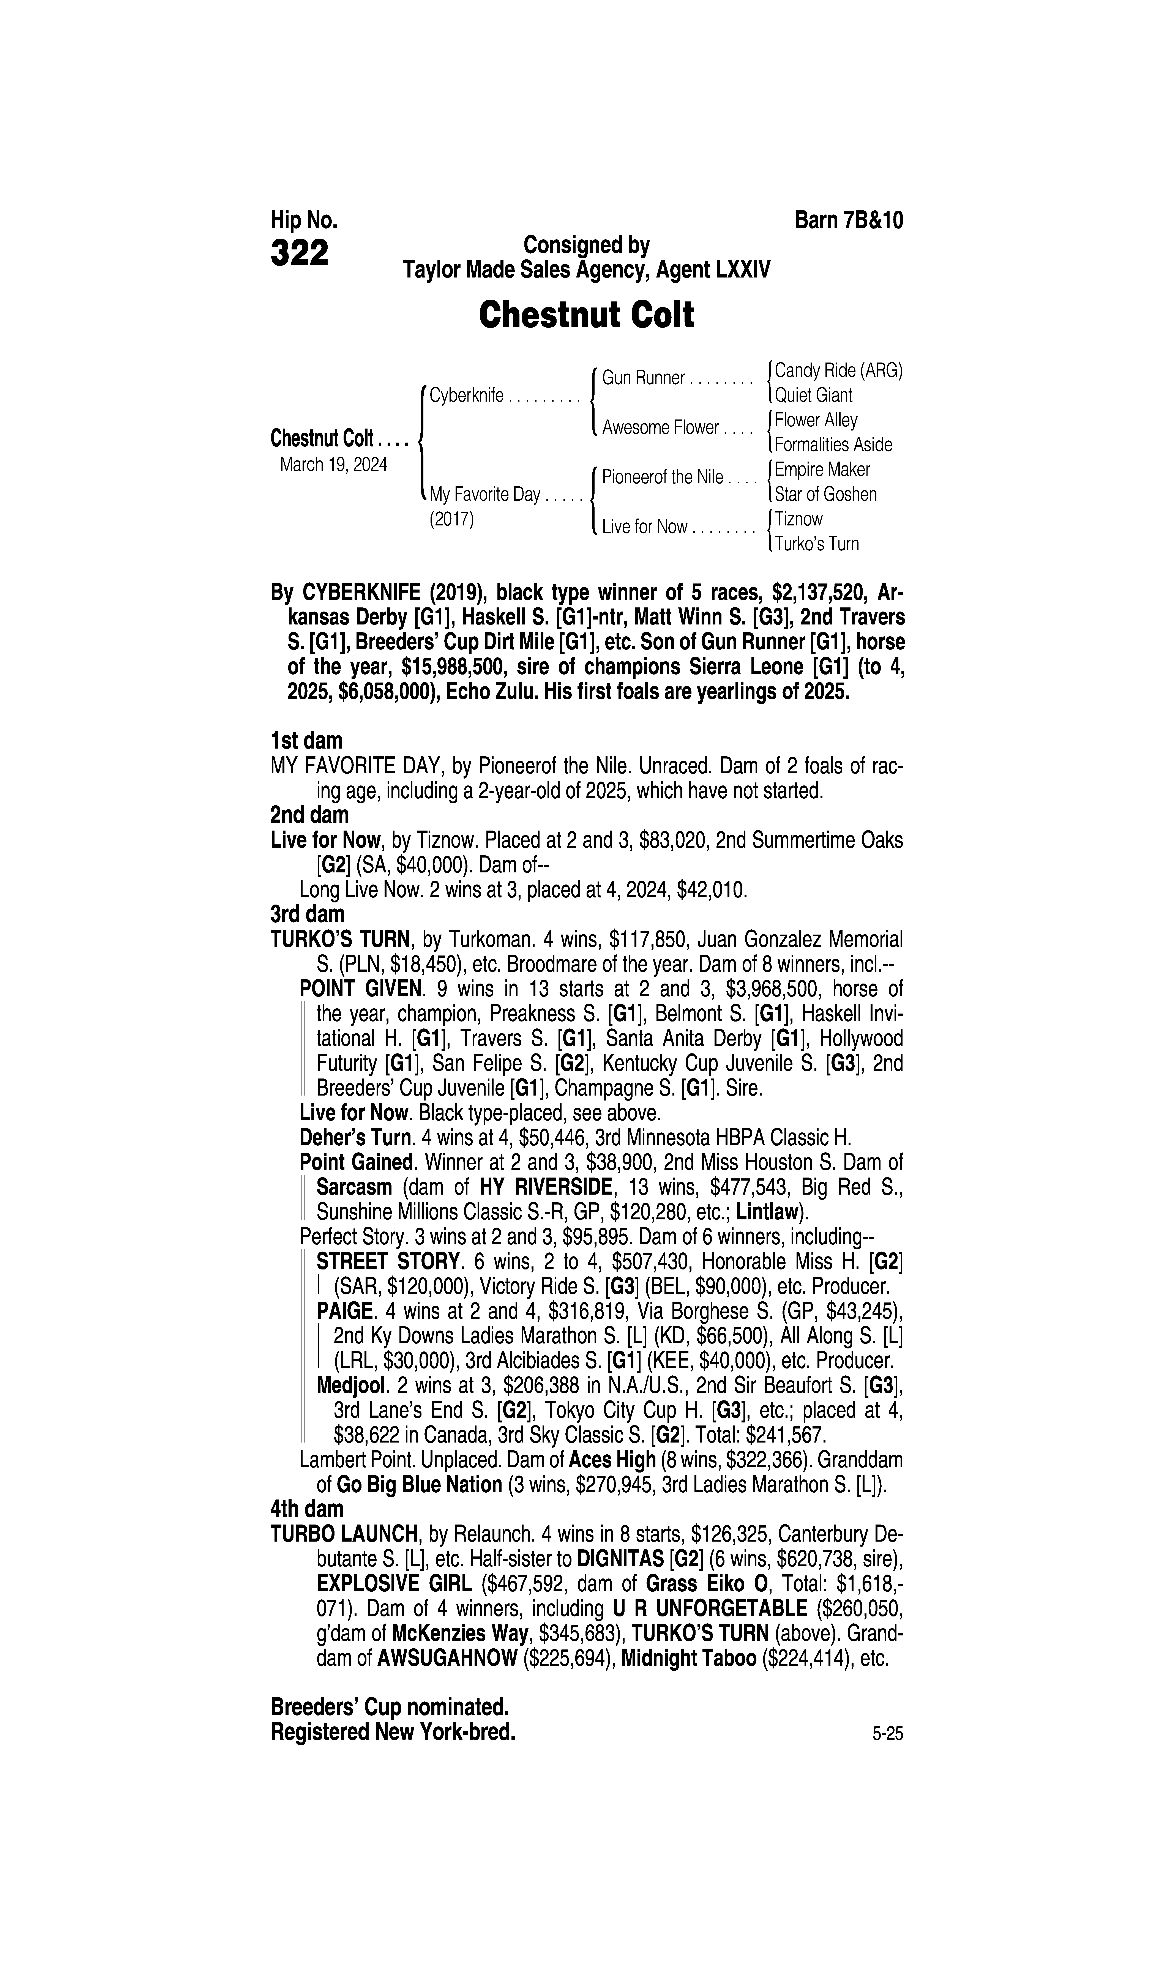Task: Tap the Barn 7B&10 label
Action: (848, 220)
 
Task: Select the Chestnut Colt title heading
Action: (586, 315)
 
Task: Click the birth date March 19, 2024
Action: (333, 464)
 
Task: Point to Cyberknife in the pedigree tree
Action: (467, 396)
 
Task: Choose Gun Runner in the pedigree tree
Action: (643, 378)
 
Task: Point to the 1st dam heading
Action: (306, 741)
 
